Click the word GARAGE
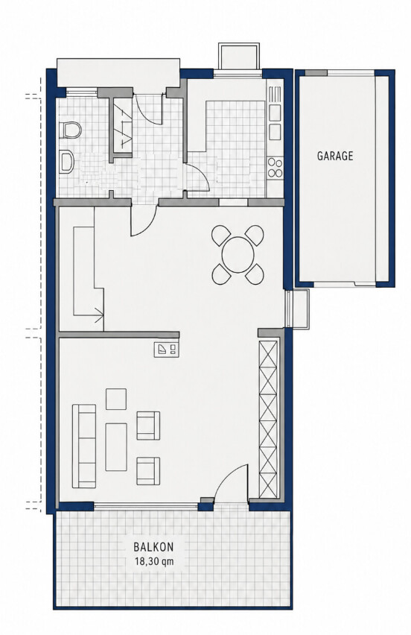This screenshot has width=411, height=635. pyautogui.click(x=335, y=156)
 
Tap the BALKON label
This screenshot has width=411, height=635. pyautogui.click(x=153, y=547)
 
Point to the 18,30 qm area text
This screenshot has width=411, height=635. pyautogui.click(x=153, y=561)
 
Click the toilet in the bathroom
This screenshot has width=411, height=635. pyautogui.click(x=71, y=130)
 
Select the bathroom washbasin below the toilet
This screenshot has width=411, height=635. pyautogui.click(x=67, y=162)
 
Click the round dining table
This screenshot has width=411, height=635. pyautogui.click(x=238, y=255)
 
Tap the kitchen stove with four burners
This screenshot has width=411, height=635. pyautogui.click(x=275, y=168)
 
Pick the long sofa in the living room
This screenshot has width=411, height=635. pyautogui.click(x=84, y=446)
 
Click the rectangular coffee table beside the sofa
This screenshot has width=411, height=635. pyautogui.click(x=116, y=447)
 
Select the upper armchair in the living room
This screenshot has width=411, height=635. pyautogui.click(x=148, y=426)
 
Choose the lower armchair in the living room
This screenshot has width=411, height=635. pyautogui.click(x=148, y=471)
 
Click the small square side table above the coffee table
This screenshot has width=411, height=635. pyautogui.click(x=116, y=399)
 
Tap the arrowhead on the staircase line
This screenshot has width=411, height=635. pyautogui.click(x=100, y=315)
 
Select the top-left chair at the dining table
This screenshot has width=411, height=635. pyautogui.click(x=221, y=236)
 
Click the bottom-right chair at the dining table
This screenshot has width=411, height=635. pyautogui.click(x=255, y=274)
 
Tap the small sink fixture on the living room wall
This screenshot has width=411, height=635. pyautogui.click(x=167, y=350)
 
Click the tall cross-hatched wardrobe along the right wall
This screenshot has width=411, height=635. pyautogui.click(x=268, y=419)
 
